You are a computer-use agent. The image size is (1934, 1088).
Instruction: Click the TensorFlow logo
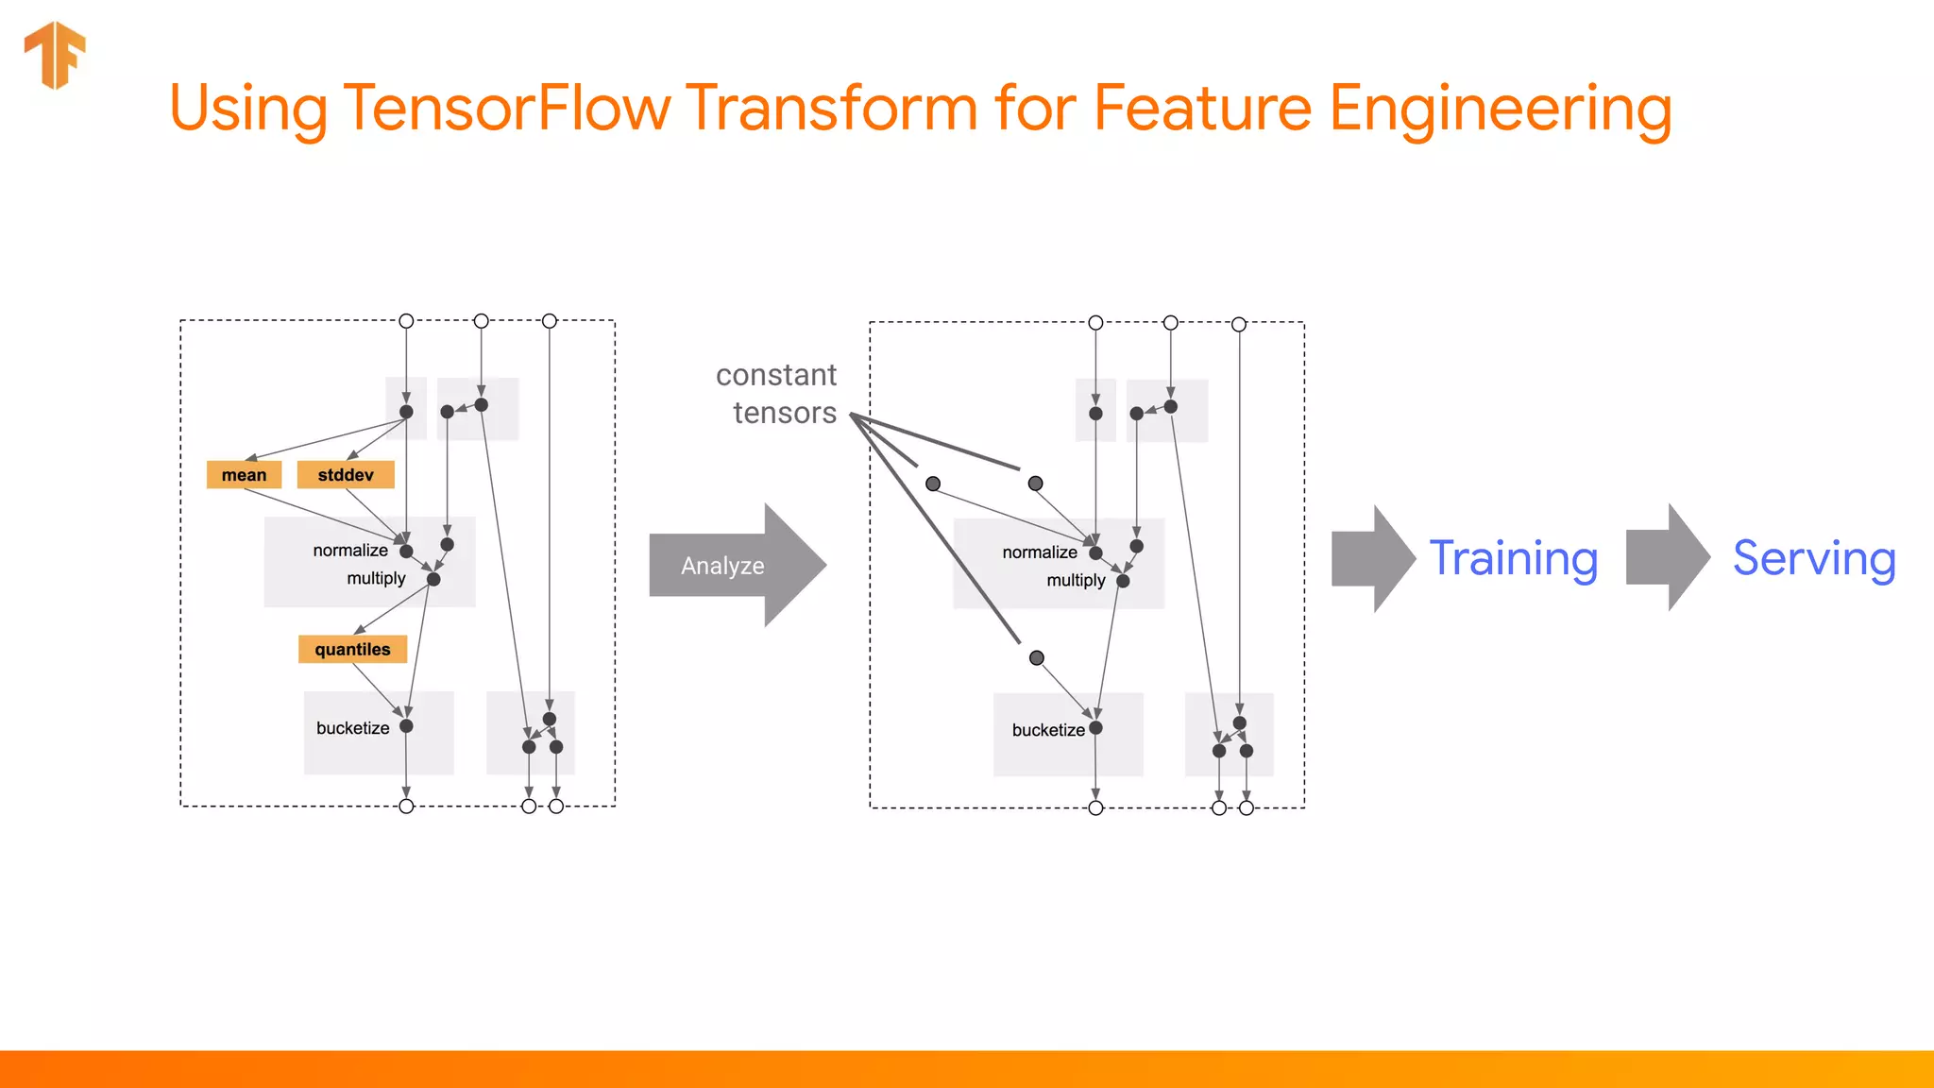point(55,55)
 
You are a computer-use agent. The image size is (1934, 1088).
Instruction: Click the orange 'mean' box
point(244,475)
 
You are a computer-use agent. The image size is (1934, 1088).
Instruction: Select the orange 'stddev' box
point(346,475)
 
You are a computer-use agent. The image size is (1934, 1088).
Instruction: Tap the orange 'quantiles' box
point(352,650)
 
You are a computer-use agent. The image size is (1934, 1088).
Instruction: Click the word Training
point(1513,559)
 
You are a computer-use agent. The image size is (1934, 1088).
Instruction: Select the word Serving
point(1813,559)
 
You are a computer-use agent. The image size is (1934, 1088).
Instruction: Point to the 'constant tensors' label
point(777,394)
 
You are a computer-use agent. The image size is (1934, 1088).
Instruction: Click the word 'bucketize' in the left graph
point(352,728)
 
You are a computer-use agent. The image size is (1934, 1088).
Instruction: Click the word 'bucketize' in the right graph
point(1047,730)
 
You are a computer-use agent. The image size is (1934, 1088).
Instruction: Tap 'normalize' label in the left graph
point(350,551)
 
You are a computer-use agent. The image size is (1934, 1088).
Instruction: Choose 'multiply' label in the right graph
point(1076,580)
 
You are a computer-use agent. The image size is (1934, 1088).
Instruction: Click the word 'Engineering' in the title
point(1500,110)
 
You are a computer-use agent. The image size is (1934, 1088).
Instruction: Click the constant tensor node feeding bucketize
point(1037,658)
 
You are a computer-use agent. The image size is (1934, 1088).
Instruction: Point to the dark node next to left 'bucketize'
point(406,726)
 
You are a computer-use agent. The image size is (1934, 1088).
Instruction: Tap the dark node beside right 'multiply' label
point(1123,581)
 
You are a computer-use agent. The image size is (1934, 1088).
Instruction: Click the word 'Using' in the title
point(247,110)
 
